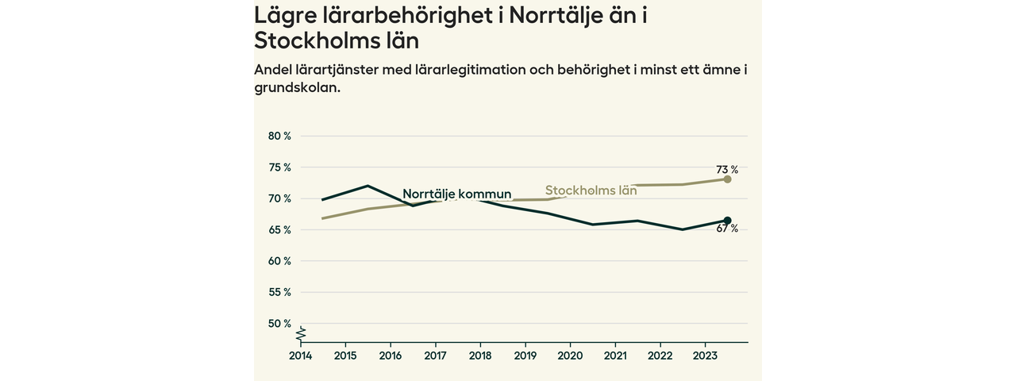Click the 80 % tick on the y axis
(279, 136)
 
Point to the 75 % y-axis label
(279, 167)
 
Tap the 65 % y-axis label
(279, 229)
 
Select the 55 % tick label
(279, 292)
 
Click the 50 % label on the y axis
(279, 323)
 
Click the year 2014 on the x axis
(300, 356)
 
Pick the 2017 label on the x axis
(435, 356)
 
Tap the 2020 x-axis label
(571, 356)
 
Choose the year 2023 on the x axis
(706, 356)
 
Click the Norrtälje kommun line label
(456, 194)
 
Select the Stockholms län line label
(591, 190)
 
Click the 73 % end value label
(727, 169)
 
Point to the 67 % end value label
(727, 229)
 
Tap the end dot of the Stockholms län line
(727, 179)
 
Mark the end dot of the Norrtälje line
(727, 221)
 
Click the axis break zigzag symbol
(302, 330)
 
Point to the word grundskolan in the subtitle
(297, 88)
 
